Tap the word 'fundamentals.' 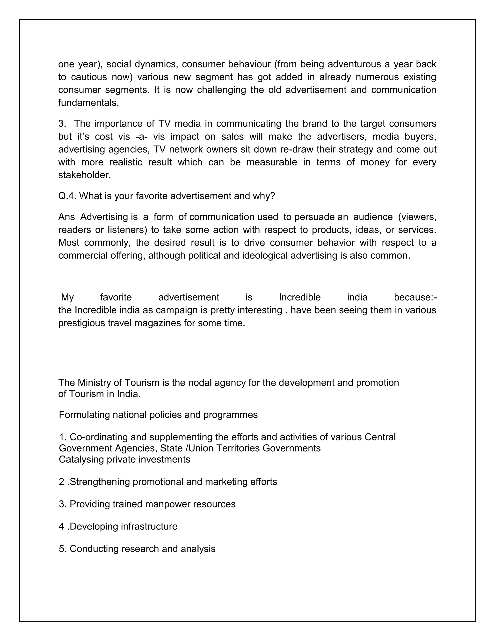click(88, 103)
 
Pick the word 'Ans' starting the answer click(66, 217)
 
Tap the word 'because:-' click(415, 297)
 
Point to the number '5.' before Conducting click(63, 549)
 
